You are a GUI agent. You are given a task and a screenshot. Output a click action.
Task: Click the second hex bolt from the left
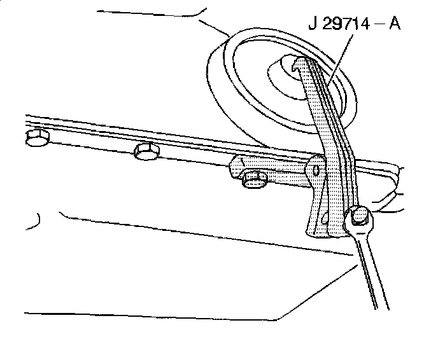click(146, 151)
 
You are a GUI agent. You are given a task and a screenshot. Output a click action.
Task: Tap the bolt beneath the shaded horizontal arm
click(255, 182)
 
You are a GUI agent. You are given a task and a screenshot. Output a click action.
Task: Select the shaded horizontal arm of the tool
click(271, 170)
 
